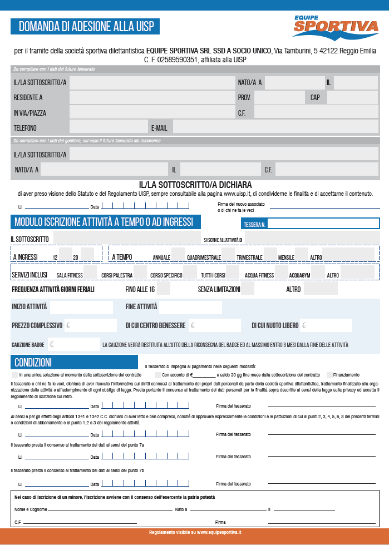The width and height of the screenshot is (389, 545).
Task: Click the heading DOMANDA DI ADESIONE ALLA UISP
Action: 86,26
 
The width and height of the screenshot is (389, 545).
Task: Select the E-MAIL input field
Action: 275,127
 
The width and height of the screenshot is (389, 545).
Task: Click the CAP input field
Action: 352,98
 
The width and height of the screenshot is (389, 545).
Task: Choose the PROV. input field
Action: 278,98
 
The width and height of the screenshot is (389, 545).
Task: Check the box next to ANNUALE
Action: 178,256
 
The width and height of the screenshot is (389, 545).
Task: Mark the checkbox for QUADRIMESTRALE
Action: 228,256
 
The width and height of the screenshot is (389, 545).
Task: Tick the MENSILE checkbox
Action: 302,256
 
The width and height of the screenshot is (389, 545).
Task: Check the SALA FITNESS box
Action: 91,275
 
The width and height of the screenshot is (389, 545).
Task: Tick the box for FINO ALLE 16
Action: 164,289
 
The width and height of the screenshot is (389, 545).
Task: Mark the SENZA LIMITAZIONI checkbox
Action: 248,289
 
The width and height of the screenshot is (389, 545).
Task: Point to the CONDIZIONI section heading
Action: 33,363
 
